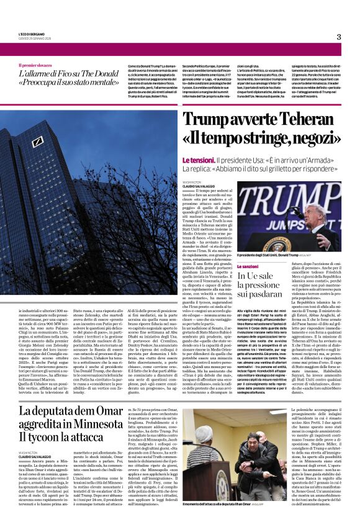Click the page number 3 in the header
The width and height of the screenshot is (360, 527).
click(x=339, y=37)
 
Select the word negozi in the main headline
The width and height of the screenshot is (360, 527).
click(x=310, y=137)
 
